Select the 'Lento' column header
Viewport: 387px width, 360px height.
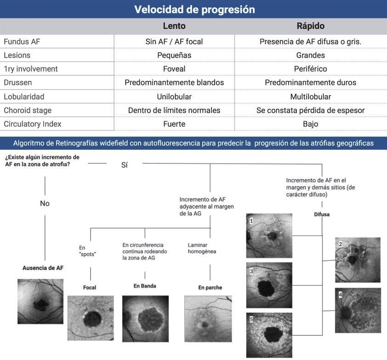[x=174, y=26]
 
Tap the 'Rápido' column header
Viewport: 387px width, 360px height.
[x=310, y=26]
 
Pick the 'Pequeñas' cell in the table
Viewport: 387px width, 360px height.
[x=174, y=55]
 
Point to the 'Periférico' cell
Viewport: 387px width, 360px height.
[x=310, y=69]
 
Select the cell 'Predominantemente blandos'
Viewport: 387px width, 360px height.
[x=174, y=83]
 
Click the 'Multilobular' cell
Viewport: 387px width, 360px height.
[x=310, y=96]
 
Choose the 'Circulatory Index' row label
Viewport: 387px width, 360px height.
[x=32, y=124]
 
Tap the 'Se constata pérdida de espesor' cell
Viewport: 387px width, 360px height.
[x=310, y=110]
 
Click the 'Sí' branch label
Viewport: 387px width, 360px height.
[x=124, y=165]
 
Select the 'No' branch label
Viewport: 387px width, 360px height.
[x=45, y=203]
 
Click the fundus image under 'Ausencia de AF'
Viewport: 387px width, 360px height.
[x=40, y=301]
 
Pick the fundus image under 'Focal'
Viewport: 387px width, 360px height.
[x=90, y=317]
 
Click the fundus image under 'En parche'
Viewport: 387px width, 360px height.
[x=207, y=318]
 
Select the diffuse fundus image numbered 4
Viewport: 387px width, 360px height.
[x=358, y=310]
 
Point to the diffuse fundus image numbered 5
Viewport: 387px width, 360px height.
[x=269, y=334]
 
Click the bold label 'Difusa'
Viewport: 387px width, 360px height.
[x=321, y=214]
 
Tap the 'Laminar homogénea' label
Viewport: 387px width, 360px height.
[x=202, y=248]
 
